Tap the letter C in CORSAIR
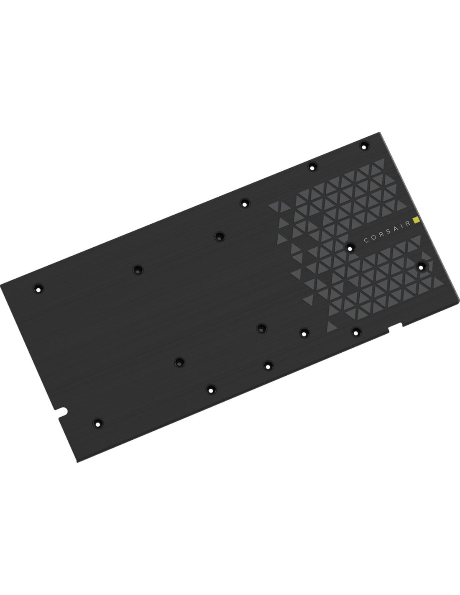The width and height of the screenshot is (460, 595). coord(366,241)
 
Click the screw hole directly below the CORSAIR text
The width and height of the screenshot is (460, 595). coord(350,249)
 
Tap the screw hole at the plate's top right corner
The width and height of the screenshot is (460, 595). coord(364,147)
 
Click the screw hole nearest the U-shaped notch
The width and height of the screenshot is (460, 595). coord(98,431)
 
